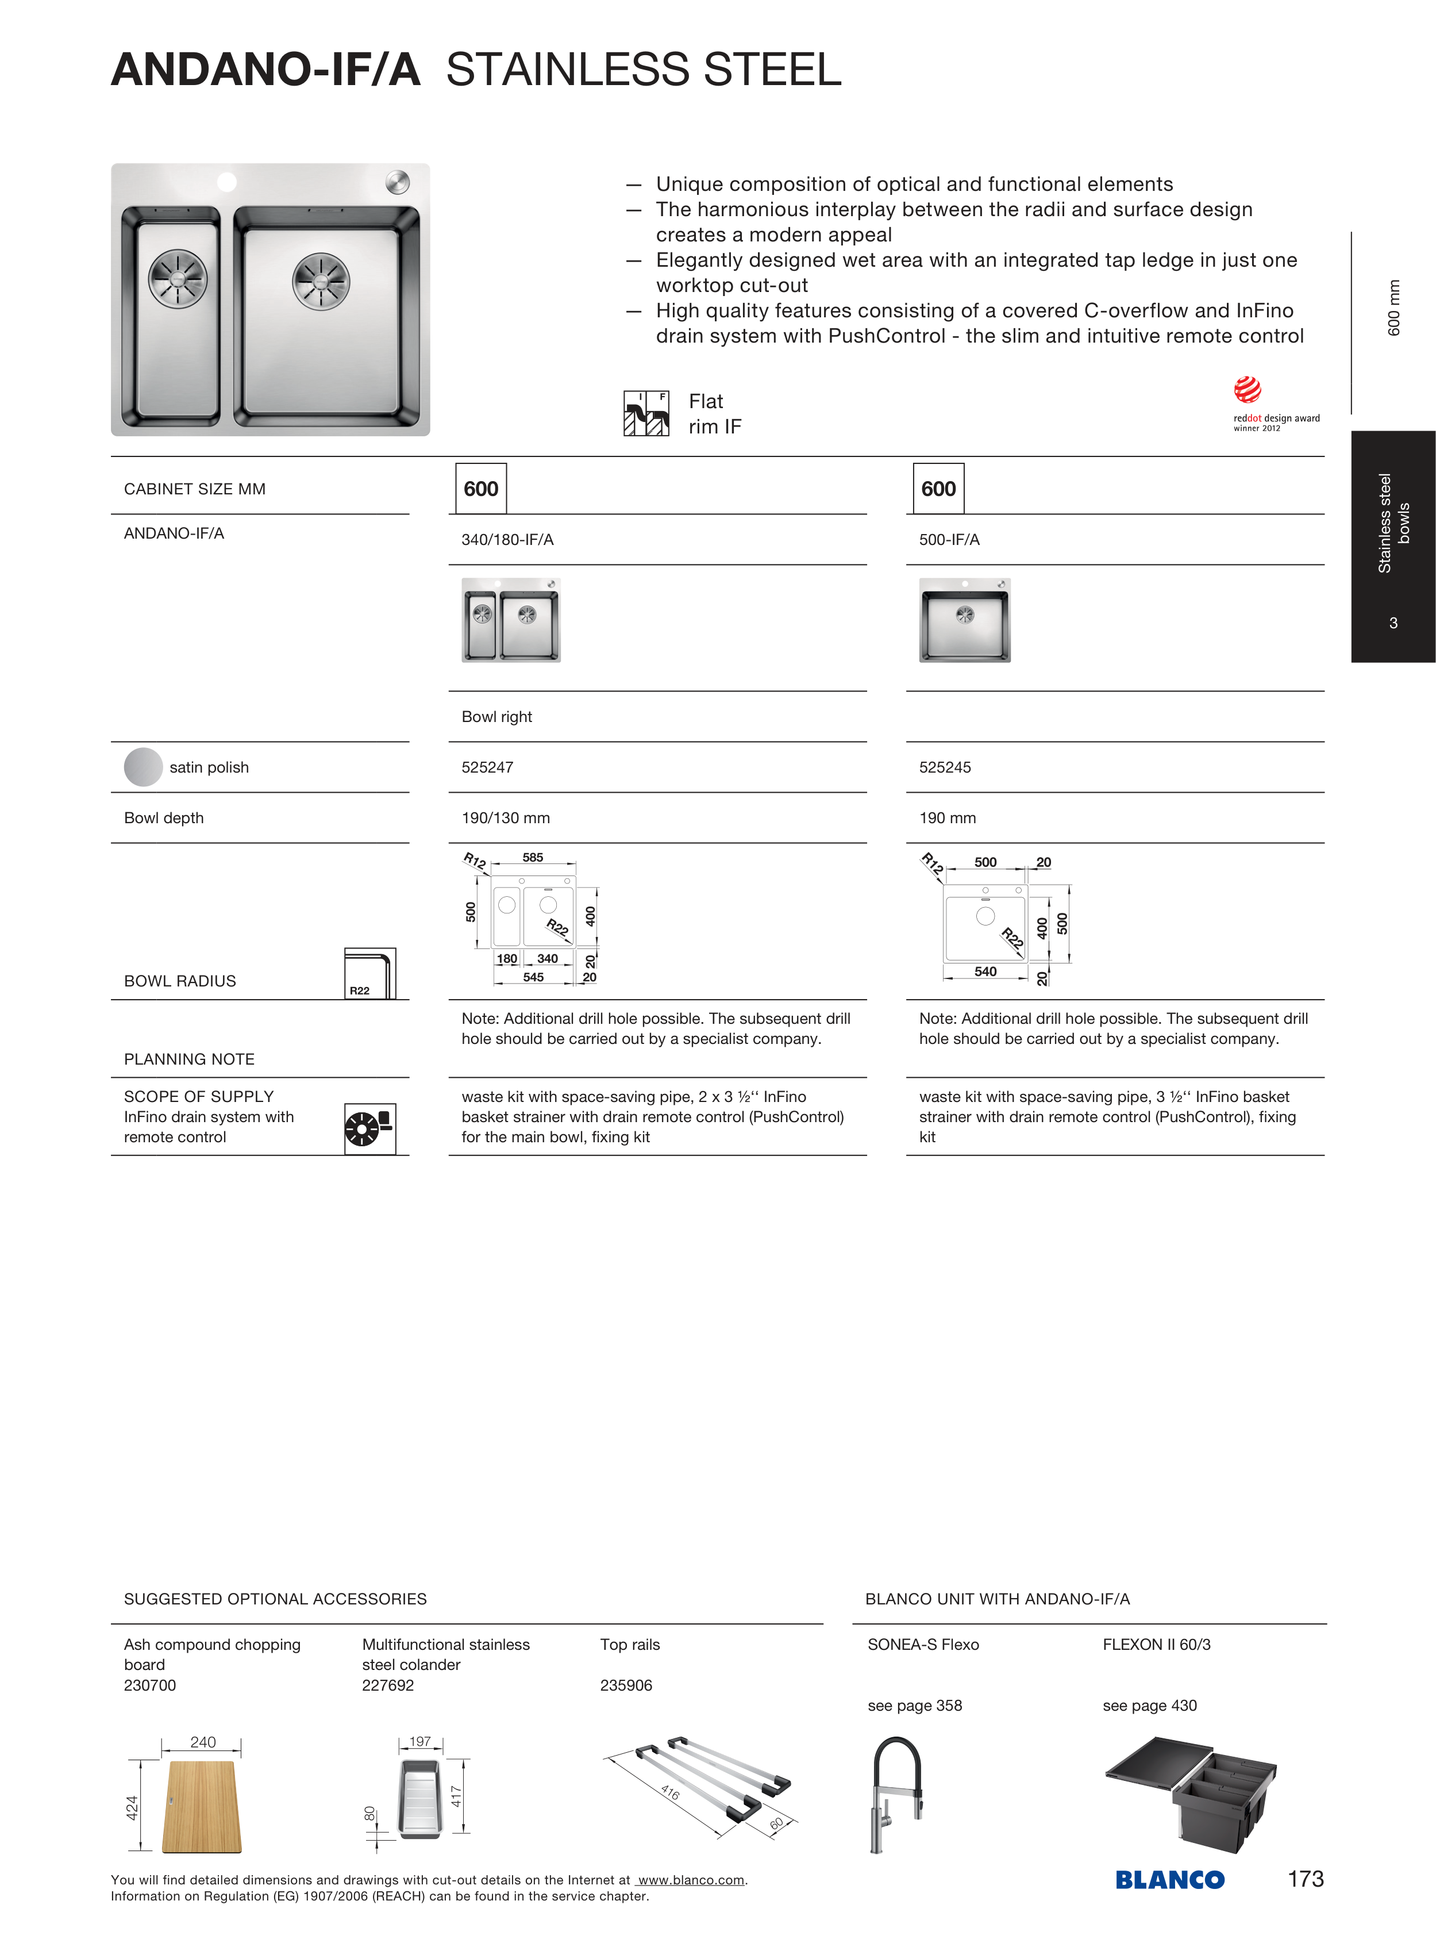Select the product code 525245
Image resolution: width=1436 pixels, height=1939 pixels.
[x=945, y=767]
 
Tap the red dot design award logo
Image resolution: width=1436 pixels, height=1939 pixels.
[x=1248, y=390]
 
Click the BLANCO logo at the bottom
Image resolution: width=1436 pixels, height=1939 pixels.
[x=1169, y=1880]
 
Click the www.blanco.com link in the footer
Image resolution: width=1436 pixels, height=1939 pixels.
[x=691, y=1880]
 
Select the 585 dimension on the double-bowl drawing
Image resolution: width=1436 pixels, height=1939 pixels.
[x=533, y=857]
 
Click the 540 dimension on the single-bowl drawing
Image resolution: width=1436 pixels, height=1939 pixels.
[x=985, y=972]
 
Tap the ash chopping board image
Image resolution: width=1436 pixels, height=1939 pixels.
[x=202, y=1807]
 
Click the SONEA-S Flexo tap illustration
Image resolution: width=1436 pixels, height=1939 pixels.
[x=895, y=1794]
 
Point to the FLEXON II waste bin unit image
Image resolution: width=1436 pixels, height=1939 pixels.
[x=1190, y=1793]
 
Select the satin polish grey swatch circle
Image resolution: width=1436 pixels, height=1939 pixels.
[x=144, y=767]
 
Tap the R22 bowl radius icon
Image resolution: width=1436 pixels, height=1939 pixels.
[x=369, y=973]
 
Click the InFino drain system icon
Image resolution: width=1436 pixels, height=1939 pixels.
[x=369, y=1128]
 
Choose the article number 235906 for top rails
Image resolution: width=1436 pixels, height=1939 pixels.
[x=626, y=1685]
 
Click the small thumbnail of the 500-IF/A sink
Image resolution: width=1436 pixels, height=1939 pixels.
[x=965, y=620]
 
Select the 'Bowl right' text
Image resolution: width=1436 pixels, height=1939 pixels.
[x=496, y=716]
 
